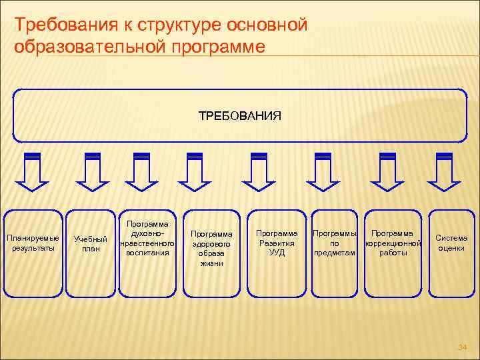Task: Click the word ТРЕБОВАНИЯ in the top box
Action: tap(240, 116)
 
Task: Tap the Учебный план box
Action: tap(90, 244)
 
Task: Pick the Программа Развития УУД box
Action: tap(277, 243)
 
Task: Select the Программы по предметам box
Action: tap(335, 243)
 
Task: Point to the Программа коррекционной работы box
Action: tap(392, 243)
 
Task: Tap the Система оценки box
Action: tap(451, 243)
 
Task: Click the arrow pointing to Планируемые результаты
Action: tap(32, 171)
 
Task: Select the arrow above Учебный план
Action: tap(93, 171)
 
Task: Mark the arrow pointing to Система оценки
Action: tap(443, 171)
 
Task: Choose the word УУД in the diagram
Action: tap(277, 253)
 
